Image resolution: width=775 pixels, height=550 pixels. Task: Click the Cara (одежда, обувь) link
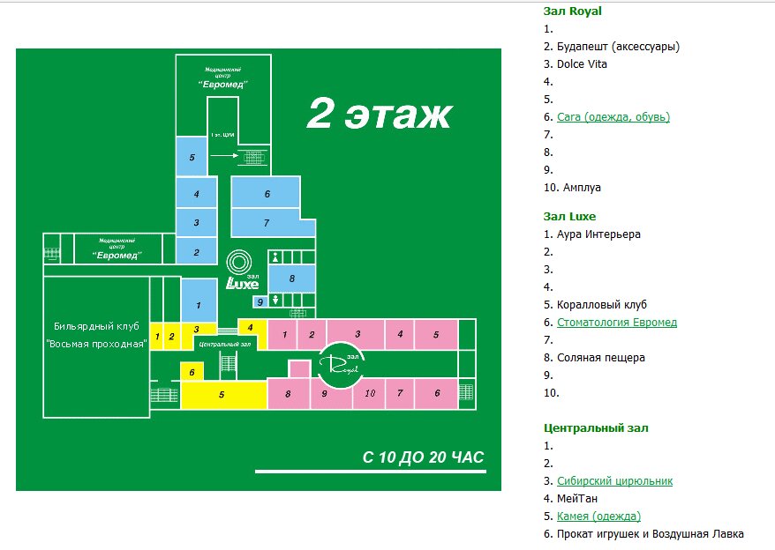coord(613,117)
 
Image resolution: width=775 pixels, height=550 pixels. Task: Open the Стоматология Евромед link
coord(617,323)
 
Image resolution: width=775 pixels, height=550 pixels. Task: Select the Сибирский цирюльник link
coord(614,481)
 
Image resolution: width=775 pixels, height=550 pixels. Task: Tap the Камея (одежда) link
coord(598,517)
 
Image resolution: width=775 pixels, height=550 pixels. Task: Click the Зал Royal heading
coord(574,11)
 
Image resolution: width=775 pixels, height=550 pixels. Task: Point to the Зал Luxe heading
coord(570,216)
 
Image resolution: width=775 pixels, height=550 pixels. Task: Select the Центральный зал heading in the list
coord(596,428)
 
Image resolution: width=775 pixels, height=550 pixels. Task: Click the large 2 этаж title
coord(379,115)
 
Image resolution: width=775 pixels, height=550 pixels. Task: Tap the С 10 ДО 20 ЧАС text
coord(424,457)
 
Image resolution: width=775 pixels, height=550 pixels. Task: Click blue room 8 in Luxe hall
coord(290,279)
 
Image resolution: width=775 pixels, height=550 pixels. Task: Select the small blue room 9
coord(259,302)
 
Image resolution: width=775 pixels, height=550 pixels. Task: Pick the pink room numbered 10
coord(370,393)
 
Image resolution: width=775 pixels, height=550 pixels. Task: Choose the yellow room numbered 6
coord(192,372)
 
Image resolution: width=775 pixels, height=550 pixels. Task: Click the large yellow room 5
coord(222,395)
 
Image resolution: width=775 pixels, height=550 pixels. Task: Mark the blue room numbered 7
coord(266,223)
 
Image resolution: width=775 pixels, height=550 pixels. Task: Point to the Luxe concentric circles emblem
coord(238,263)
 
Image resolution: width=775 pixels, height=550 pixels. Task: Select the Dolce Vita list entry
coord(582,64)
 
